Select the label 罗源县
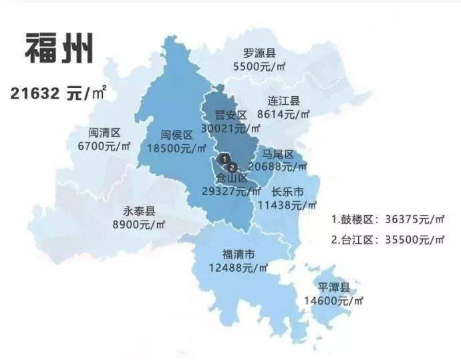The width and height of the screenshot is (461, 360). (x=259, y=53)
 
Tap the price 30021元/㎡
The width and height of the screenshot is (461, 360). (x=230, y=128)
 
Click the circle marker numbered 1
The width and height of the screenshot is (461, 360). (x=224, y=158)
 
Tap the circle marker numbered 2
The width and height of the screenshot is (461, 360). (x=232, y=166)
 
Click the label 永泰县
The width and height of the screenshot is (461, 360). (x=140, y=211)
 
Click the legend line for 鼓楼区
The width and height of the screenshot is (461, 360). (x=388, y=218)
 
